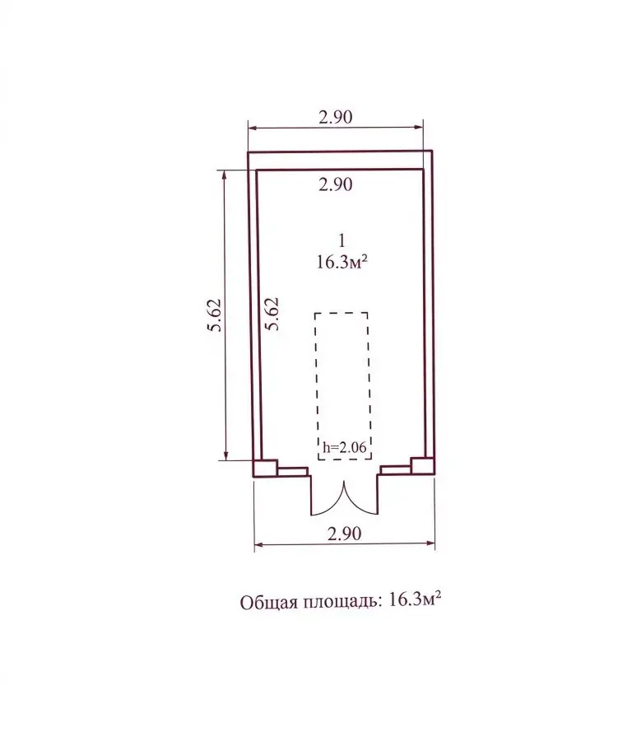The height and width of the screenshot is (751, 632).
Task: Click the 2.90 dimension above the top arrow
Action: [x=336, y=117]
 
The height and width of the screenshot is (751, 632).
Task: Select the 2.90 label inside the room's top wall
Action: [x=336, y=184]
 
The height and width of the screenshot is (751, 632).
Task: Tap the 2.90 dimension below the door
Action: [x=344, y=533]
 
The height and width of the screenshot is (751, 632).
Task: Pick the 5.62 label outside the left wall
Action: [x=215, y=315]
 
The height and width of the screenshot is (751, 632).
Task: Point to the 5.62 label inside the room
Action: [x=272, y=315]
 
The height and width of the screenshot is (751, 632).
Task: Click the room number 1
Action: [x=342, y=240]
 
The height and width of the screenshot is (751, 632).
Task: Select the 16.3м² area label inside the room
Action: [x=342, y=262]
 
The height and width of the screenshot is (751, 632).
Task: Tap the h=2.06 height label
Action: [x=345, y=447]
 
